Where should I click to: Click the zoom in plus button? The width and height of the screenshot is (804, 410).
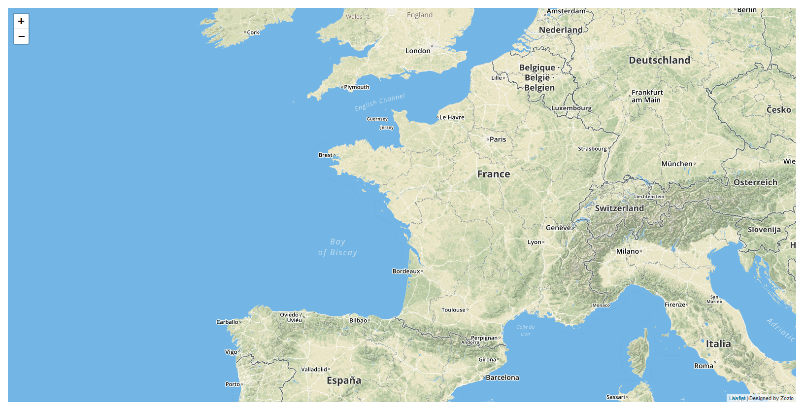click(x=21, y=21)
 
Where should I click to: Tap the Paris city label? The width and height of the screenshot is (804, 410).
click(x=498, y=139)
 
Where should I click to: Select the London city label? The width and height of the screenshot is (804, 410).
click(x=418, y=51)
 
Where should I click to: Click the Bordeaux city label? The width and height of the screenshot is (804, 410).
click(x=406, y=271)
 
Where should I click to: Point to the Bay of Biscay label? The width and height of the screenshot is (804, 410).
click(x=337, y=247)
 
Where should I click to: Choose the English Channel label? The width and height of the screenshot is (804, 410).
click(x=380, y=102)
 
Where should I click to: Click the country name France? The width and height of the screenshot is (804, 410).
click(x=494, y=174)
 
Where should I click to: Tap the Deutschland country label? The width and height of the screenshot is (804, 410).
click(x=659, y=60)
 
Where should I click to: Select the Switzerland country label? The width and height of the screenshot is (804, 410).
click(x=619, y=208)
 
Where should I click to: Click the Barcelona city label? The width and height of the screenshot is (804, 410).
click(x=502, y=377)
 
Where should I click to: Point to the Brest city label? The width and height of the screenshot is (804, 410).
click(x=326, y=155)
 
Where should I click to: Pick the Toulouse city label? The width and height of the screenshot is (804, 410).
click(x=453, y=310)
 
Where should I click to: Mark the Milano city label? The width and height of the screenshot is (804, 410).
click(x=628, y=251)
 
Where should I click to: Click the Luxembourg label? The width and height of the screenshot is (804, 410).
click(x=571, y=108)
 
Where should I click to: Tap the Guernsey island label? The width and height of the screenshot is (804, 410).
click(x=377, y=119)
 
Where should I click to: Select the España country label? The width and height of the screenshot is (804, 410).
click(x=344, y=380)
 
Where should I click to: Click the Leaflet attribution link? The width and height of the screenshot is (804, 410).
click(x=737, y=398)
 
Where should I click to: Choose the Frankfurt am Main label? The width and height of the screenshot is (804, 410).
click(x=647, y=96)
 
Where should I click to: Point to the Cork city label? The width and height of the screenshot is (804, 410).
click(x=253, y=33)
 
